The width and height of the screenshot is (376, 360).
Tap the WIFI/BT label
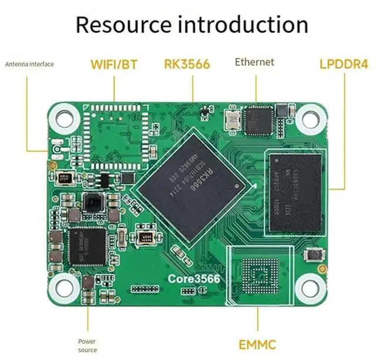pyautogui.click(x=113, y=63)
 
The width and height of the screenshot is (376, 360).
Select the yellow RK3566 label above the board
pyautogui.click(x=187, y=63)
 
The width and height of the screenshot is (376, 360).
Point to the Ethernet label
pyautogui.click(x=254, y=62)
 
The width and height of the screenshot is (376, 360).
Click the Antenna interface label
pyautogui.click(x=30, y=64)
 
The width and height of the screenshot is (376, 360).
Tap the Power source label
pyautogui.click(x=87, y=345)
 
